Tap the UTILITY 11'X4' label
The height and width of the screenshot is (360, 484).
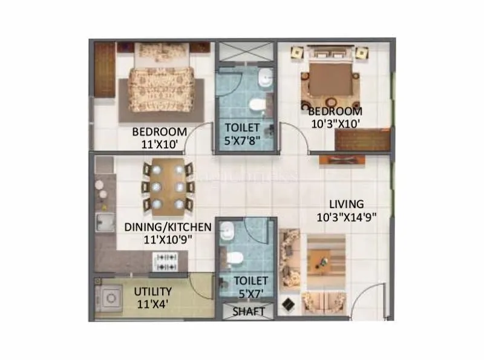152,297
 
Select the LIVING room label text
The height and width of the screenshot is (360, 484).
347,211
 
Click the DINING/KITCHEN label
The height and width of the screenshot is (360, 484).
168,232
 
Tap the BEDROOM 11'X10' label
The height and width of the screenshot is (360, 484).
160,138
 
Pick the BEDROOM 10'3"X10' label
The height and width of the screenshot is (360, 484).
335,117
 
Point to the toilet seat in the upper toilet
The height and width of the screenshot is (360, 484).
257,105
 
